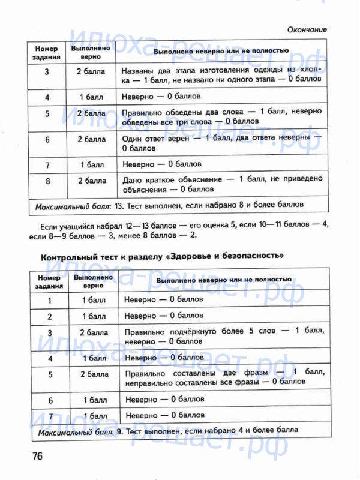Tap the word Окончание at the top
pos(307,29)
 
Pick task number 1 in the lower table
pos(50,300)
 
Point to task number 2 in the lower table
pos(50,316)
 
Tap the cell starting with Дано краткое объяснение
pos(221,184)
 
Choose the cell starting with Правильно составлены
pos(224,377)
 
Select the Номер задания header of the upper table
pos(47,53)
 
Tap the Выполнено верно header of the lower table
pos(94,281)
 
